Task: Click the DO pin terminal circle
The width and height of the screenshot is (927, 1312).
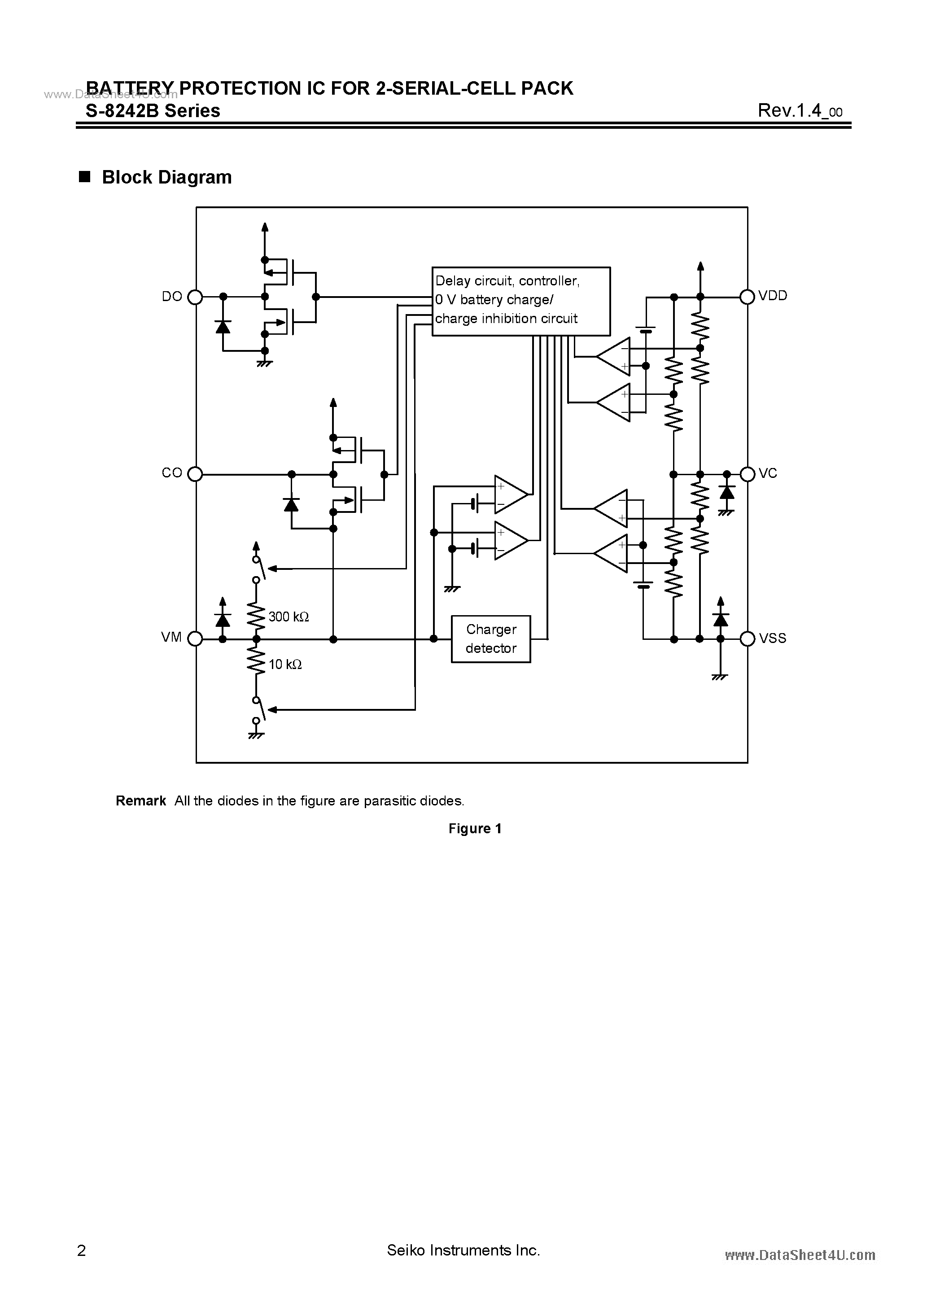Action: pyautogui.click(x=196, y=297)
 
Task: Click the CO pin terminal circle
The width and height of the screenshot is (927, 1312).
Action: pyautogui.click(x=196, y=474)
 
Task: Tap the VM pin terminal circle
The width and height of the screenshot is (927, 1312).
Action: pyautogui.click(x=196, y=639)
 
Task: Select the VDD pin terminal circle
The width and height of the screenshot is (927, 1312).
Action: pyautogui.click(x=747, y=297)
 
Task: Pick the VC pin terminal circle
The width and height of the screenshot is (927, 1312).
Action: pyautogui.click(x=747, y=474)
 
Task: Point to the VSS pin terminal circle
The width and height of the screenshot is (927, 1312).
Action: pyautogui.click(x=747, y=639)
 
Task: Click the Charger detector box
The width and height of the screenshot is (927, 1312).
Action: pyautogui.click(x=491, y=639)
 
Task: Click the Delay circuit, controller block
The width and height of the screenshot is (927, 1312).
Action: pyautogui.click(x=520, y=301)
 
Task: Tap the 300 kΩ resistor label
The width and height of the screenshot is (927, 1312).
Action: pyautogui.click(x=289, y=617)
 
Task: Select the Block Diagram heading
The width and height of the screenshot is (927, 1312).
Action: pyautogui.click(x=166, y=177)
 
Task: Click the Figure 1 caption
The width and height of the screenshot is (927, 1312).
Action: pyautogui.click(x=475, y=829)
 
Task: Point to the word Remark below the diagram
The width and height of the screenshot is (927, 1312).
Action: pyautogui.click(x=140, y=800)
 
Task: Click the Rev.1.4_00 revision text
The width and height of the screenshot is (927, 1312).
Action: pyautogui.click(x=800, y=110)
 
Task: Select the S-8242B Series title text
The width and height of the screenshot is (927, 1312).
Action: pyautogui.click(x=153, y=110)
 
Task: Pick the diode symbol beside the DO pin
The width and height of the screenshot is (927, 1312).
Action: pyautogui.click(x=223, y=326)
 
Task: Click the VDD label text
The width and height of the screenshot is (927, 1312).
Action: pyautogui.click(x=773, y=295)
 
